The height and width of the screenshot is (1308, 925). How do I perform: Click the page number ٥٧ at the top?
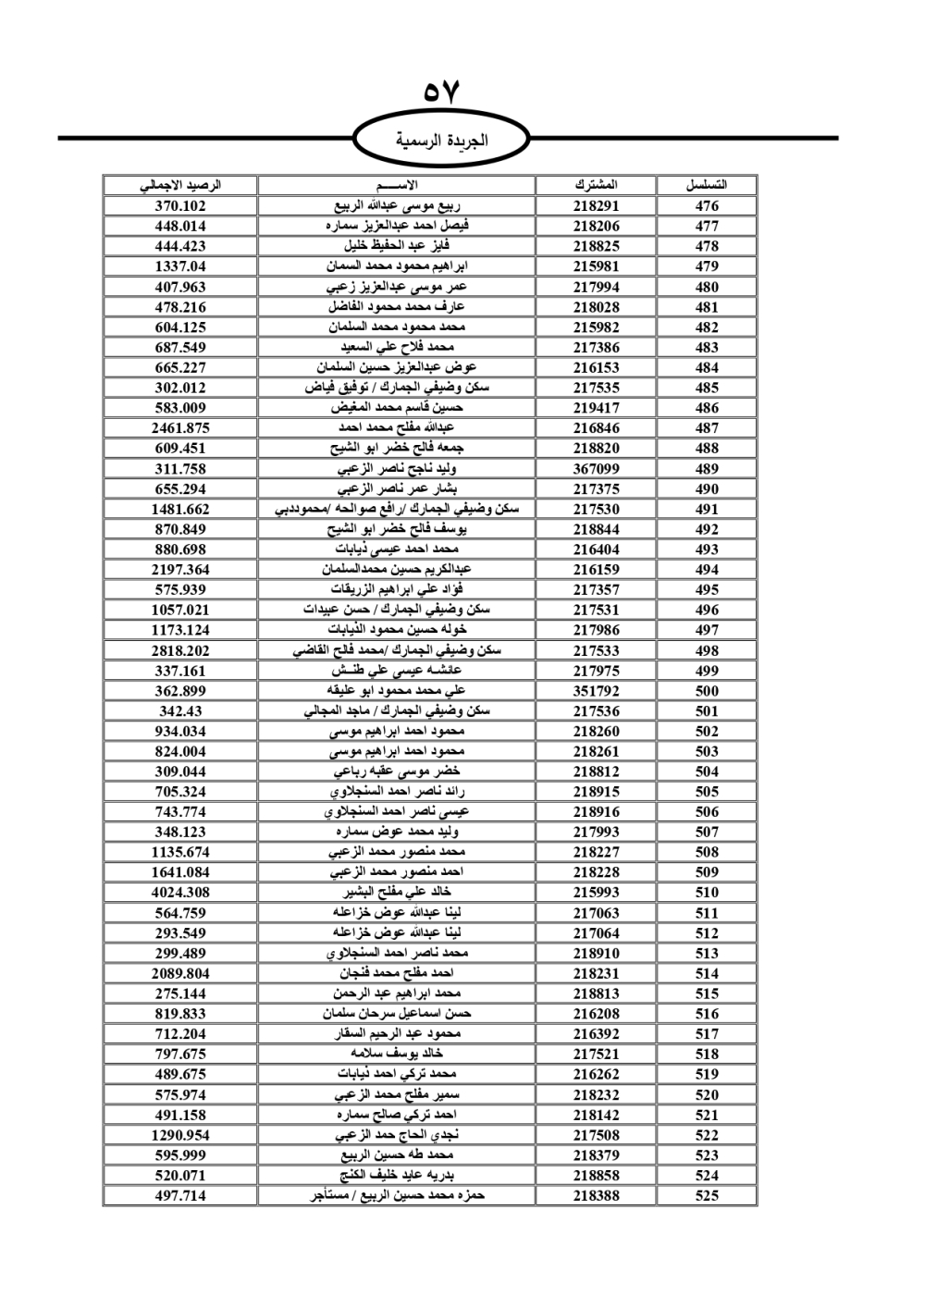coord(441,93)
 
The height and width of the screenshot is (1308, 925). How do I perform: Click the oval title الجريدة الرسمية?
coord(441,141)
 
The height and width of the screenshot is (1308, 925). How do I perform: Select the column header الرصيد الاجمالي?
coord(180,185)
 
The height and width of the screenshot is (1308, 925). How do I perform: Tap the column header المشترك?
coord(596,185)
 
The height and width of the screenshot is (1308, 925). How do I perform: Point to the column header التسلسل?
coord(707,185)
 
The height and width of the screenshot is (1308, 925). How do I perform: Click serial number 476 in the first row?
coord(707,206)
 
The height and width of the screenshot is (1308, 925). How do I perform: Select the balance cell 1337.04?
coord(180,266)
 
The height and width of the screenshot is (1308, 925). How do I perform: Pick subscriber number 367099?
coord(596,469)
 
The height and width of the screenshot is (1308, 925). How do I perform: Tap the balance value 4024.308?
coord(180,893)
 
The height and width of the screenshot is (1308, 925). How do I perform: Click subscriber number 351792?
coord(596,691)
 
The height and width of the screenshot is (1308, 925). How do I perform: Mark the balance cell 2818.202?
coord(180,650)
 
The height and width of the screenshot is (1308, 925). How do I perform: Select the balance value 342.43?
coord(180,711)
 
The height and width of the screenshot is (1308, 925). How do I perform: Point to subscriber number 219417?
coord(596,408)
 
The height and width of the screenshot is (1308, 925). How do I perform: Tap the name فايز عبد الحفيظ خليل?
coord(397,246)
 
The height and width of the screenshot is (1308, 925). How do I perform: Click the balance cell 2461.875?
coord(180,428)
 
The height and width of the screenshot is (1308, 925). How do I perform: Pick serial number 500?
coord(707,691)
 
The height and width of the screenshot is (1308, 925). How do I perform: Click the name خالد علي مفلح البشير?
coord(397,893)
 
